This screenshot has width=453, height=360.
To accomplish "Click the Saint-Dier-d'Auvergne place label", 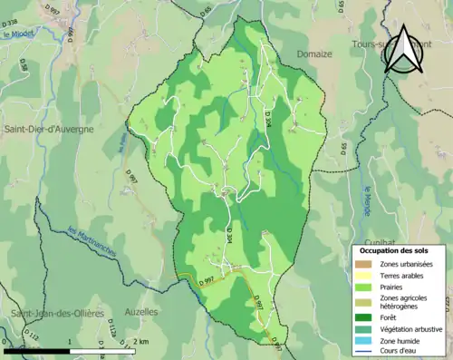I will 49,130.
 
